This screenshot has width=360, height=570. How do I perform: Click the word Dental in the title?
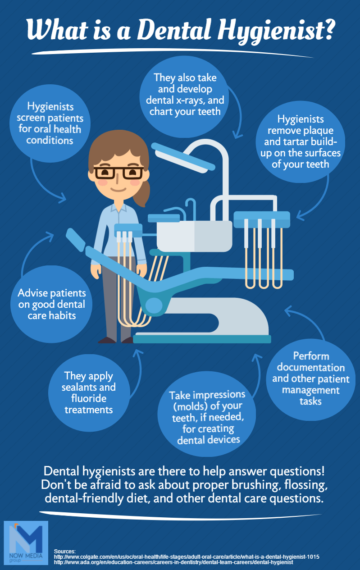pyautogui.click(x=174, y=29)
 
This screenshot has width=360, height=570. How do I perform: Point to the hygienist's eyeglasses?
pyautogui.click(x=118, y=173)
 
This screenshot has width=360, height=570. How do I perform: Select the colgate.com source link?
pyautogui.click(x=187, y=557)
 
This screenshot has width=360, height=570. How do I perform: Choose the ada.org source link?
pyautogui.click(x=173, y=562)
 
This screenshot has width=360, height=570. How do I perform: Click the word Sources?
pyautogui.click(x=64, y=552)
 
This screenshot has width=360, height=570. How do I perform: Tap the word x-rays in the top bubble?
pyautogui.click(x=190, y=100)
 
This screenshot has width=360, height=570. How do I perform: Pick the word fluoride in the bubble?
pyautogui.click(x=89, y=398)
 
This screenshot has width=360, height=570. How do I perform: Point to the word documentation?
pyautogui.click(x=310, y=367)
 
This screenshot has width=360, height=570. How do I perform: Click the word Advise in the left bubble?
pyautogui.click(x=32, y=293)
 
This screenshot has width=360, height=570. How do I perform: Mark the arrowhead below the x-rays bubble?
pyautogui.click(x=237, y=135)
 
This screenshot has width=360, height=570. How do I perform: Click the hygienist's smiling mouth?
pyautogui.click(x=118, y=190)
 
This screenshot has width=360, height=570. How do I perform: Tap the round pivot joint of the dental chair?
pyautogui.click(x=154, y=305)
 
